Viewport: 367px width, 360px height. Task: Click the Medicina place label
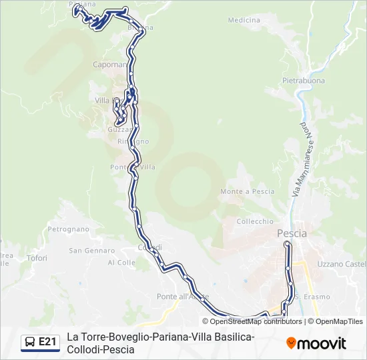point(244,20)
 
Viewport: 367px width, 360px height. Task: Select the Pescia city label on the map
point(292,233)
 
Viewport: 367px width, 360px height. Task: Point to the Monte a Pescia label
point(247,191)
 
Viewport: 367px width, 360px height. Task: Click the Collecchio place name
point(255,221)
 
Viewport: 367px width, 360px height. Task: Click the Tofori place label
point(37,258)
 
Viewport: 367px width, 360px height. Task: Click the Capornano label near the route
point(110,65)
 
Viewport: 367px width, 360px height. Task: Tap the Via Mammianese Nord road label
point(301,159)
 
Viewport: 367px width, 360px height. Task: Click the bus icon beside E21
point(30,343)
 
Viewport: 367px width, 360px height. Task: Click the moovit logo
point(316,343)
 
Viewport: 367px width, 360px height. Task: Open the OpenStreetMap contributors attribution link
point(256,321)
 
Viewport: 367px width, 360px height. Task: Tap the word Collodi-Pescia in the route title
point(101,349)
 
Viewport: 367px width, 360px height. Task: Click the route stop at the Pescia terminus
point(288,245)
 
